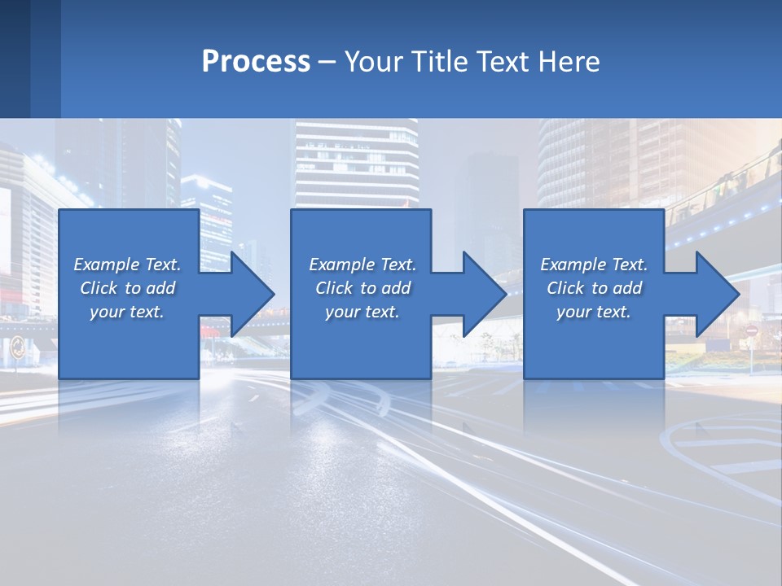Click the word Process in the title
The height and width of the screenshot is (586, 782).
tap(256, 62)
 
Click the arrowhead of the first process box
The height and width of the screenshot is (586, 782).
tap(253, 294)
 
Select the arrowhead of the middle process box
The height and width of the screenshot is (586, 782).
tap(485, 294)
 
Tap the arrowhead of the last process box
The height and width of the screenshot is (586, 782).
tap(718, 294)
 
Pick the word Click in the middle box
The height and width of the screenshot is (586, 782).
tap(333, 288)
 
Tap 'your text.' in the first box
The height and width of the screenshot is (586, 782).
tap(127, 312)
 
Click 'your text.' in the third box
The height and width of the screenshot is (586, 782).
tap(593, 312)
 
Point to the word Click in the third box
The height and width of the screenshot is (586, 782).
tap(565, 288)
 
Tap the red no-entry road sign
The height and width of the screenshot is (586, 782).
tap(751, 331)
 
